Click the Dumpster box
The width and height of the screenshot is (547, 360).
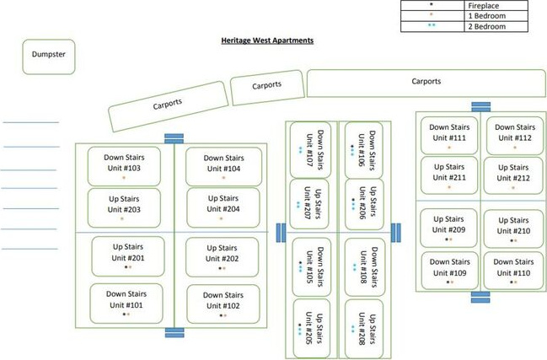(x=49, y=56)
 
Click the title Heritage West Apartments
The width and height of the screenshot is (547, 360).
(x=266, y=40)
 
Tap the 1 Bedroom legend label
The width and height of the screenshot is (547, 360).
(x=488, y=16)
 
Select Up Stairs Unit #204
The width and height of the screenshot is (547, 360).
(x=222, y=205)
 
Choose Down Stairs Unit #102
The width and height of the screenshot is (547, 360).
(x=223, y=301)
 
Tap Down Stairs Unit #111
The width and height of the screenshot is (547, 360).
(x=448, y=133)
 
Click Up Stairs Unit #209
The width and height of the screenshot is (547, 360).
(x=448, y=226)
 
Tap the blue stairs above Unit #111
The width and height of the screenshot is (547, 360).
(x=480, y=107)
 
